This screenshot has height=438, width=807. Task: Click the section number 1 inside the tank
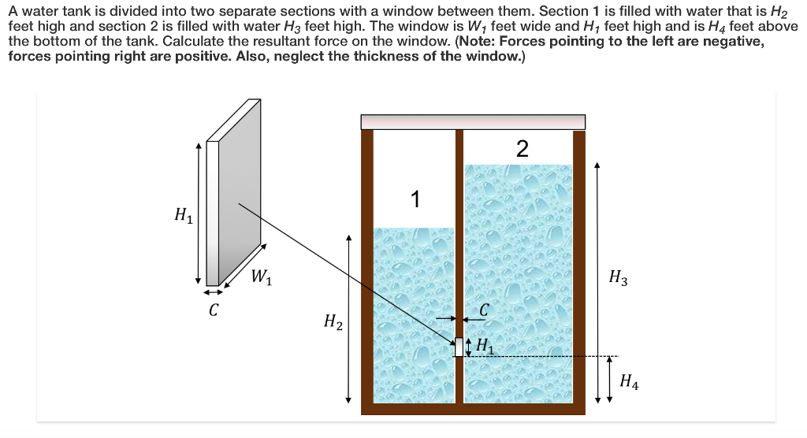415,200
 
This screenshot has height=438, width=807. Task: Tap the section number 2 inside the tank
522,149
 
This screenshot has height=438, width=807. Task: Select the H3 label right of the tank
619,277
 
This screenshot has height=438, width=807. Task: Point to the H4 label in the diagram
629,383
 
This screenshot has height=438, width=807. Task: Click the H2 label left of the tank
333,321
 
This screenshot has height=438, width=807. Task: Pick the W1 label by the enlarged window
262,277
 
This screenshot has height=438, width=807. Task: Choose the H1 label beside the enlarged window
183,213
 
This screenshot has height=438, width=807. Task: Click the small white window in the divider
459,347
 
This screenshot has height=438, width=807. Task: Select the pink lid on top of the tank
473,122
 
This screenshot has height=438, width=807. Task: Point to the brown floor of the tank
473,409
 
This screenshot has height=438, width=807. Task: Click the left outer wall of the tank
366,268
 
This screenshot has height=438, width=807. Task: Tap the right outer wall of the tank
579,268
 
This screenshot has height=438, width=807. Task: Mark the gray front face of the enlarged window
240,197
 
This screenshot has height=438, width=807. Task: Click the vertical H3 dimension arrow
597,260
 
